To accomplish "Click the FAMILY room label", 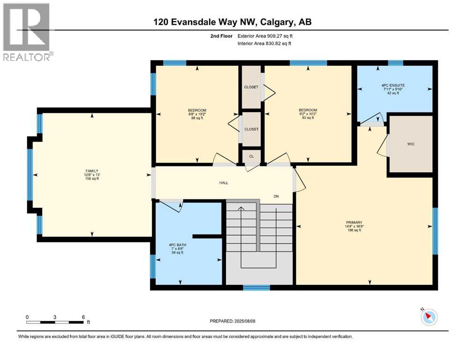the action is pyautogui.click(x=92, y=171).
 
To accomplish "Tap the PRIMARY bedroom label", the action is pyautogui.click(x=354, y=223).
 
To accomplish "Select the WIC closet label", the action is pyautogui.click(x=411, y=144).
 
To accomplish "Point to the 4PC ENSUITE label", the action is pyautogui.click(x=393, y=85).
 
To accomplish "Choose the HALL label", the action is pyautogui.click(x=224, y=183).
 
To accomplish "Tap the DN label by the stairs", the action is pyautogui.click(x=276, y=196).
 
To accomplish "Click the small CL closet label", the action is pyautogui.click(x=251, y=156).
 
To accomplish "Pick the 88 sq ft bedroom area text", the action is pyautogui.click(x=197, y=118).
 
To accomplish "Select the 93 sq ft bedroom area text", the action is pyautogui.click(x=308, y=118).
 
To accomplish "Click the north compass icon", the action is pyautogui.click(x=429, y=317).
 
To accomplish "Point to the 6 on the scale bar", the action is pyautogui.click(x=83, y=317).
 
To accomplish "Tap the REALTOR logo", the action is pyautogui.click(x=27, y=32).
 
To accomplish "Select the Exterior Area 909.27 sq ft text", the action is pyautogui.click(x=265, y=36).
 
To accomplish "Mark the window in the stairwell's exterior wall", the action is pyautogui.click(x=257, y=287).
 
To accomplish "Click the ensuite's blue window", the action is pyautogui.click(x=396, y=63).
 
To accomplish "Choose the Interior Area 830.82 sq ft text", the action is pyautogui.click(x=264, y=43).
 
